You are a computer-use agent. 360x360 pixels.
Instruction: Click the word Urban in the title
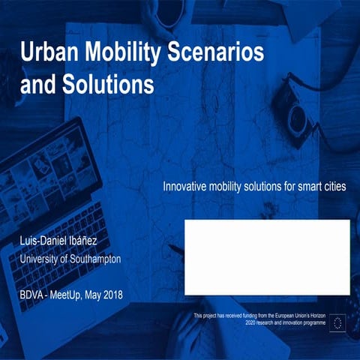pyautogui.click(x=47, y=53)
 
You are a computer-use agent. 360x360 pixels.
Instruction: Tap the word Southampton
pyautogui.click(x=93, y=259)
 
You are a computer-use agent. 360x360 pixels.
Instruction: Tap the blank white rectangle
pyautogui.click(x=267, y=257)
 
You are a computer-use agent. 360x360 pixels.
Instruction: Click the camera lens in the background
pyautogui.click(x=298, y=116)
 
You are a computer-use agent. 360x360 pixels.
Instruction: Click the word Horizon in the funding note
pyautogui.click(x=331, y=316)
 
